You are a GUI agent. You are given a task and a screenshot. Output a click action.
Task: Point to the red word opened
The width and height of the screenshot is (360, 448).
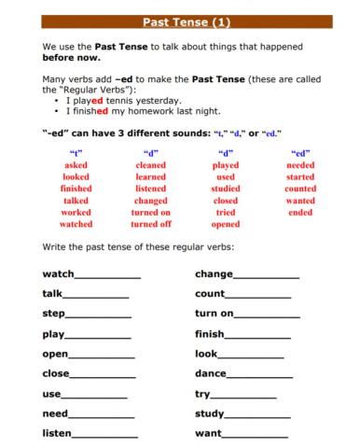click(226, 224)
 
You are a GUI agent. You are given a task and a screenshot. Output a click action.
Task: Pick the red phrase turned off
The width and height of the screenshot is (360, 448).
click(151, 224)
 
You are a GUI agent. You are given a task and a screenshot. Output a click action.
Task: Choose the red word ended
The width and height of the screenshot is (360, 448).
click(300, 212)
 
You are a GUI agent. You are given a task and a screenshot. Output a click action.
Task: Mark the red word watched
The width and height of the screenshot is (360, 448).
click(76, 224)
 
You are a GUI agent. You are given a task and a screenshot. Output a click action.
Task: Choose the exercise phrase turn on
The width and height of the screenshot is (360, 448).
click(215, 315)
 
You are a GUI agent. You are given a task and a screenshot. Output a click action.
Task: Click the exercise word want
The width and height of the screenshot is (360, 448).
click(209, 434)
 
